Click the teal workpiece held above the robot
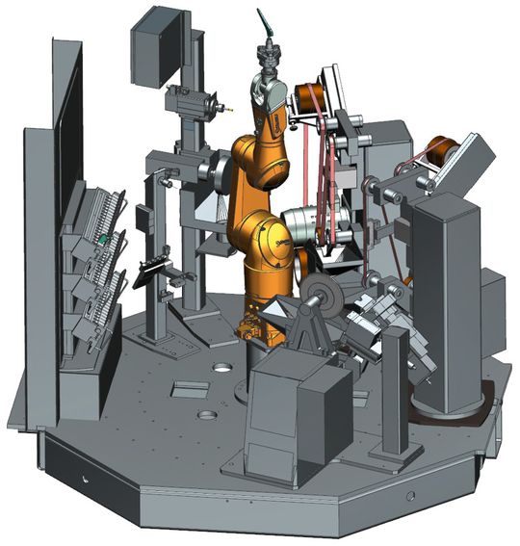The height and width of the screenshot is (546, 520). pyautogui.click(x=263, y=23)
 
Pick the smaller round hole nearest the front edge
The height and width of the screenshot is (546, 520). pyautogui.click(x=206, y=416)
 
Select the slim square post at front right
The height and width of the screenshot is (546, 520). pyautogui.click(x=394, y=404)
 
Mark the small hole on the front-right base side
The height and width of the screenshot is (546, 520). pyautogui.click(x=411, y=497)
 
